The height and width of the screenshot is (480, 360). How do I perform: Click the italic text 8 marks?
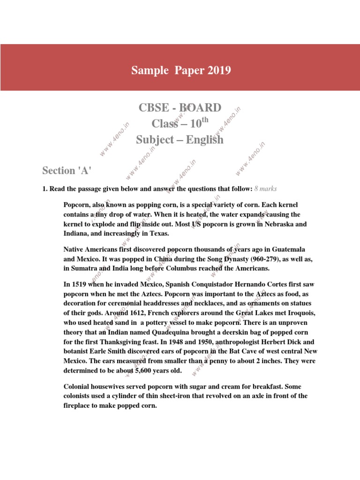click(x=266, y=188)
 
